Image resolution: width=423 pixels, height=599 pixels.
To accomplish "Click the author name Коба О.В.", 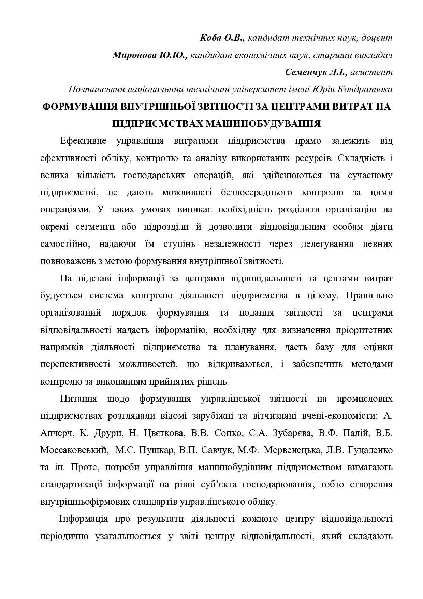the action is (222, 38).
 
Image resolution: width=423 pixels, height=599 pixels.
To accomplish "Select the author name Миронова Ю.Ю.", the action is (150, 55).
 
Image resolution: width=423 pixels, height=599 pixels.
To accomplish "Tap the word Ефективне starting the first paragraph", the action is (84, 141).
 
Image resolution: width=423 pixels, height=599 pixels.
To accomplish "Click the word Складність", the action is (353, 158).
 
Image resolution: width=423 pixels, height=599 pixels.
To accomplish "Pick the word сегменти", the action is (93, 227).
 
